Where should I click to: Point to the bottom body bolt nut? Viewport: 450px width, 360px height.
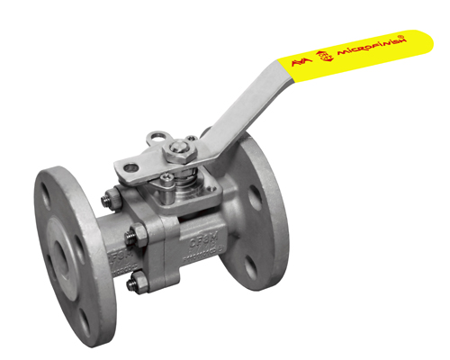(132, 286)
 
